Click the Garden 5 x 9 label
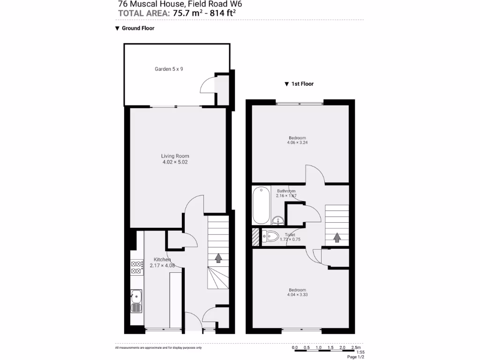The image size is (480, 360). [169, 69]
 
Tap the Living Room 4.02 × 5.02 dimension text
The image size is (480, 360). [175, 162]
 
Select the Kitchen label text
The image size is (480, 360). [162, 260]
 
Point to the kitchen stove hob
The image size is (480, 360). [137, 267]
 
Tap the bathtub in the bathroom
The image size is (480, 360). [261, 206]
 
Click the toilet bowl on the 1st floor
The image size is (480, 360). [271, 236]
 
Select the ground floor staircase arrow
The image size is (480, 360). [218, 258]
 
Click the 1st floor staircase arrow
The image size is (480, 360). [337, 238]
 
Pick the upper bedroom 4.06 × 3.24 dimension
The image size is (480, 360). [297, 142]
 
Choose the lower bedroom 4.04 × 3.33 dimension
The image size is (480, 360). [297, 295]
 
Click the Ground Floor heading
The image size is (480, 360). [138, 28]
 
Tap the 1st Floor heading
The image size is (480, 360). [302, 84]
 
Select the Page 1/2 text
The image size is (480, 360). [355, 357]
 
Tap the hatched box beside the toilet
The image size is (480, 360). [255, 237]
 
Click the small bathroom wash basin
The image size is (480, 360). [277, 220]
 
